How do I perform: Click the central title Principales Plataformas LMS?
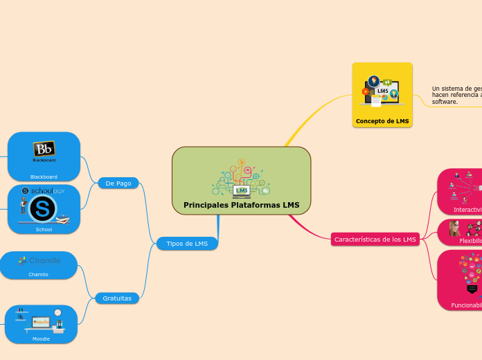241,205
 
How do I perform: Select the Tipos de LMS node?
187,243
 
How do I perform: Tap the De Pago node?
118,183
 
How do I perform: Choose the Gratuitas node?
117,298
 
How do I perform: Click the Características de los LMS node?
375,240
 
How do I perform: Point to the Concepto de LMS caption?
382,121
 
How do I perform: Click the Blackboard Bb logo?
44,150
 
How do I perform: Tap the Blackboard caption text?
44,177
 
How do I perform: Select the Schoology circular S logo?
42,207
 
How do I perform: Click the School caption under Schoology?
44,228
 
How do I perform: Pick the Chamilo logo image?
39,261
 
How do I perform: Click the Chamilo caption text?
39,274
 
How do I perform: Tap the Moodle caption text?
41,339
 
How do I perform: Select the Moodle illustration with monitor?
41,321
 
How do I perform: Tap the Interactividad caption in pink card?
467,209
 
